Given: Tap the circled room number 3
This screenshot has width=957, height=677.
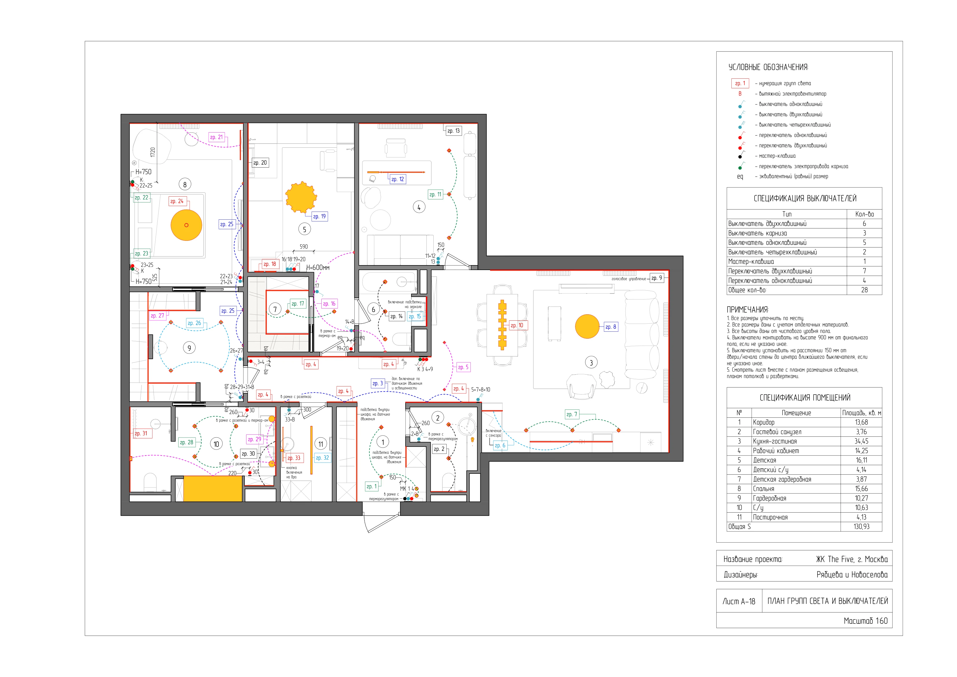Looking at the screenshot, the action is (591, 362).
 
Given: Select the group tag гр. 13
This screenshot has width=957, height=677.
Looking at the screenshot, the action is (454, 131).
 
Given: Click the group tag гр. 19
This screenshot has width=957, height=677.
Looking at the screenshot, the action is (319, 217).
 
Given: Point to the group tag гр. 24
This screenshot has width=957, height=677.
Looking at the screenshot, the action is (177, 201).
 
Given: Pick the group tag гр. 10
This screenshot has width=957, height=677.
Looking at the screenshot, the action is (517, 325).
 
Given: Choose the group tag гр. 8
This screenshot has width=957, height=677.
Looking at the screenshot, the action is (611, 327).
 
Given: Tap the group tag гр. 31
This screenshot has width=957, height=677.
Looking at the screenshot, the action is (141, 433).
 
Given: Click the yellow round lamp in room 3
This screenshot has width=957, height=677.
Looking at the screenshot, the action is (587, 326).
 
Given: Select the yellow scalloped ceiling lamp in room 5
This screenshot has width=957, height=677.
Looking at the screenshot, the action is (301, 197).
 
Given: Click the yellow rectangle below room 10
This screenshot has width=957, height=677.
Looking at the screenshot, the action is (213, 489).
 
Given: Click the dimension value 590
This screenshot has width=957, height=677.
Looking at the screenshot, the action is (304, 247).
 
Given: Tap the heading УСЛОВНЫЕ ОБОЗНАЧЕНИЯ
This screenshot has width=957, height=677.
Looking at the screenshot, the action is (768, 67).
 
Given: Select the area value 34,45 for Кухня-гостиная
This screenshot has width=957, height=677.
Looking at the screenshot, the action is (861, 441).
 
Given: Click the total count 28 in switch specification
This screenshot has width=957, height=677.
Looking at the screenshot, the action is (864, 290).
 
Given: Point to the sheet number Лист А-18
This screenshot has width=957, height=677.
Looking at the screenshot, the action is (739, 601).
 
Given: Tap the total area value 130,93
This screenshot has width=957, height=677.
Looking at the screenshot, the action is (861, 526).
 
